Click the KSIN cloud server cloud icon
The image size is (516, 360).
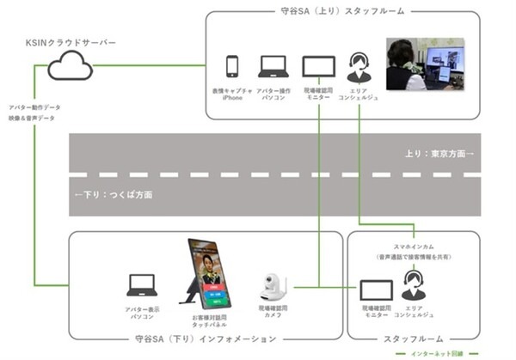pyautogui.click(x=70, y=64)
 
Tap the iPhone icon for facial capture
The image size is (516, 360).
pyautogui.click(x=231, y=66)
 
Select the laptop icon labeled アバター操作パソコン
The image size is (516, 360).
pyautogui.click(x=273, y=66)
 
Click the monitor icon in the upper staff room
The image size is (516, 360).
pyautogui.click(x=318, y=66)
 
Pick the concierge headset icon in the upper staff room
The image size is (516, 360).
pyautogui.click(x=359, y=66)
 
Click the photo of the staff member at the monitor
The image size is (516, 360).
pyautogui.click(x=424, y=64)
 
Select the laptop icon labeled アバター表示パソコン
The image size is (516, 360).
pyautogui.click(x=141, y=285)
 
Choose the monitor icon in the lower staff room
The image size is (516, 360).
pyautogui.click(x=376, y=290)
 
